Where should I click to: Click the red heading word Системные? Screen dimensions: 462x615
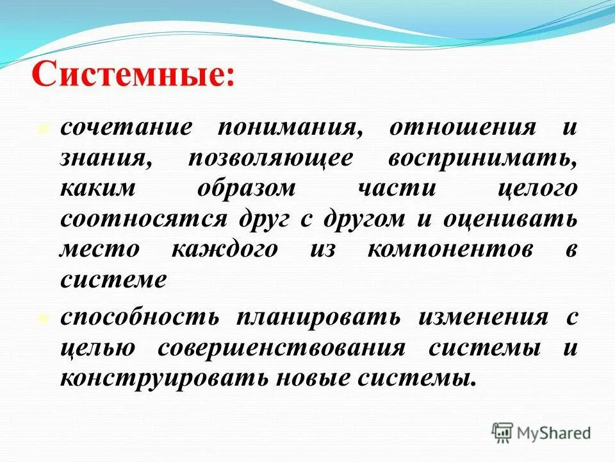pyautogui.click(x=133, y=75)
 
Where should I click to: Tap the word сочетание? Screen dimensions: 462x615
pyautogui.click(x=126, y=127)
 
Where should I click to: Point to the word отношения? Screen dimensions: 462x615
pyautogui.click(x=462, y=127)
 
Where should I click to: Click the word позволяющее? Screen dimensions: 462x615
pyautogui.click(x=270, y=158)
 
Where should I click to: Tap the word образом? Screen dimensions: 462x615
pyautogui.click(x=246, y=189)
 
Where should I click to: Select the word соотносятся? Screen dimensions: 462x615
pyautogui.click(x=143, y=219)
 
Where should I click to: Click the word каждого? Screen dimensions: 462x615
pyautogui.click(x=224, y=250)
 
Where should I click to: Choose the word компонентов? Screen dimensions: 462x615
pyautogui.click(x=450, y=250)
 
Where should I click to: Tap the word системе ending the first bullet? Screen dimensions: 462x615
pyautogui.click(x=113, y=280)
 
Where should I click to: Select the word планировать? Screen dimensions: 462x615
pyautogui.click(x=318, y=318)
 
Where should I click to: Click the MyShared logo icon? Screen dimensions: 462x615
pyautogui.click(x=503, y=432)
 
